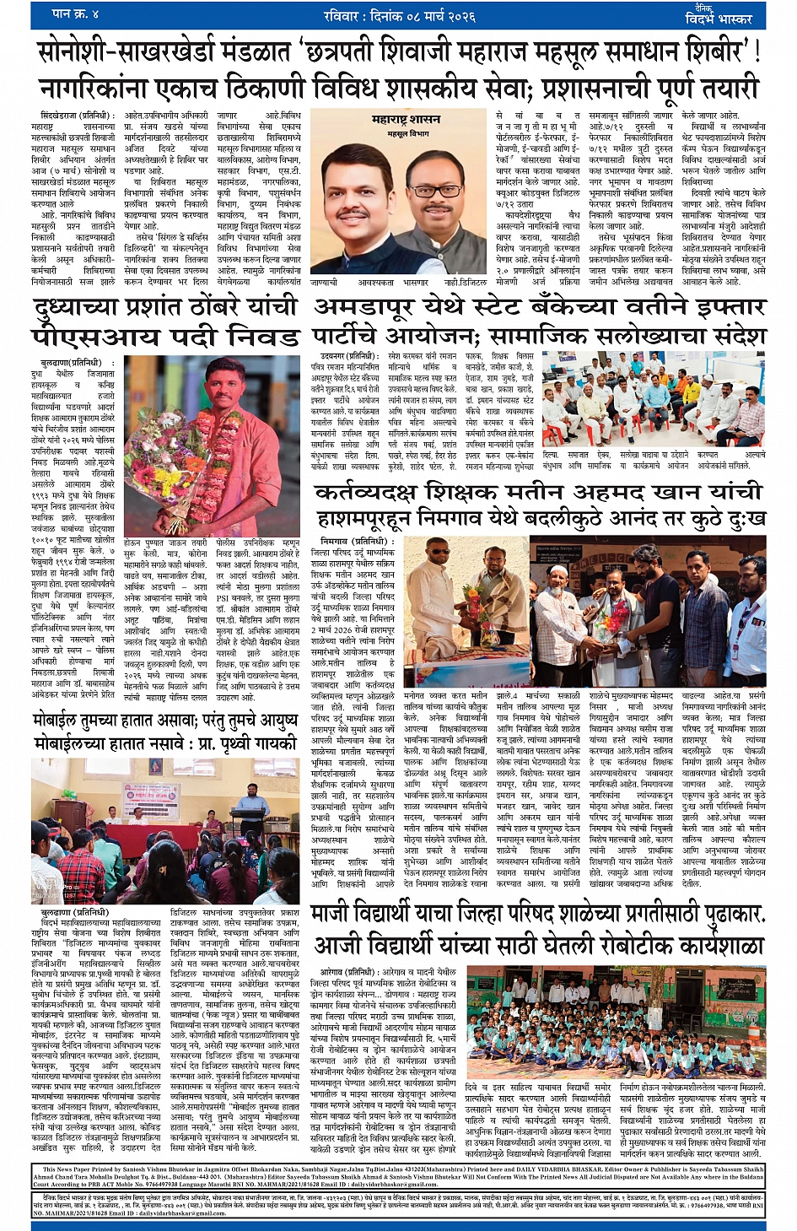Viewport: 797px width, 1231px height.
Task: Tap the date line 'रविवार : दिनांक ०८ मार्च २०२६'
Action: pos(399,15)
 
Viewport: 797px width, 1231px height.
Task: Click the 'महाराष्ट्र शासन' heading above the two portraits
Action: pos(406,121)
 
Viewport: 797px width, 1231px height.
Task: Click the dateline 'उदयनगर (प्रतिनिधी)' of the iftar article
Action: pos(350,356)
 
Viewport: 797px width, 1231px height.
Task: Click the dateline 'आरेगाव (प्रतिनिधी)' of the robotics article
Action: pos(350,971)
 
